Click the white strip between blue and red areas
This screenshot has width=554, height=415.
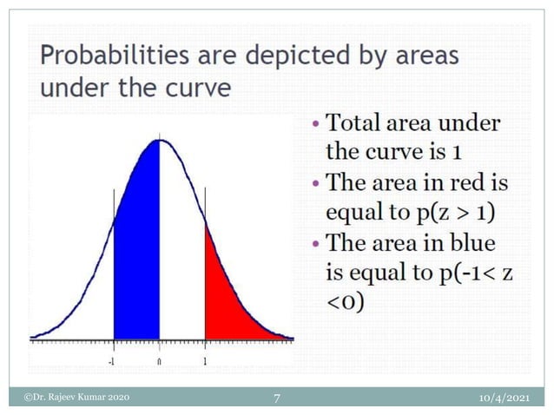(181, 260)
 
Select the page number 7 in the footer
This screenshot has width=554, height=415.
(276, 398)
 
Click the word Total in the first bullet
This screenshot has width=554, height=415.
(355, 123)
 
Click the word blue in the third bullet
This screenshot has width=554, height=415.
(482, 245)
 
